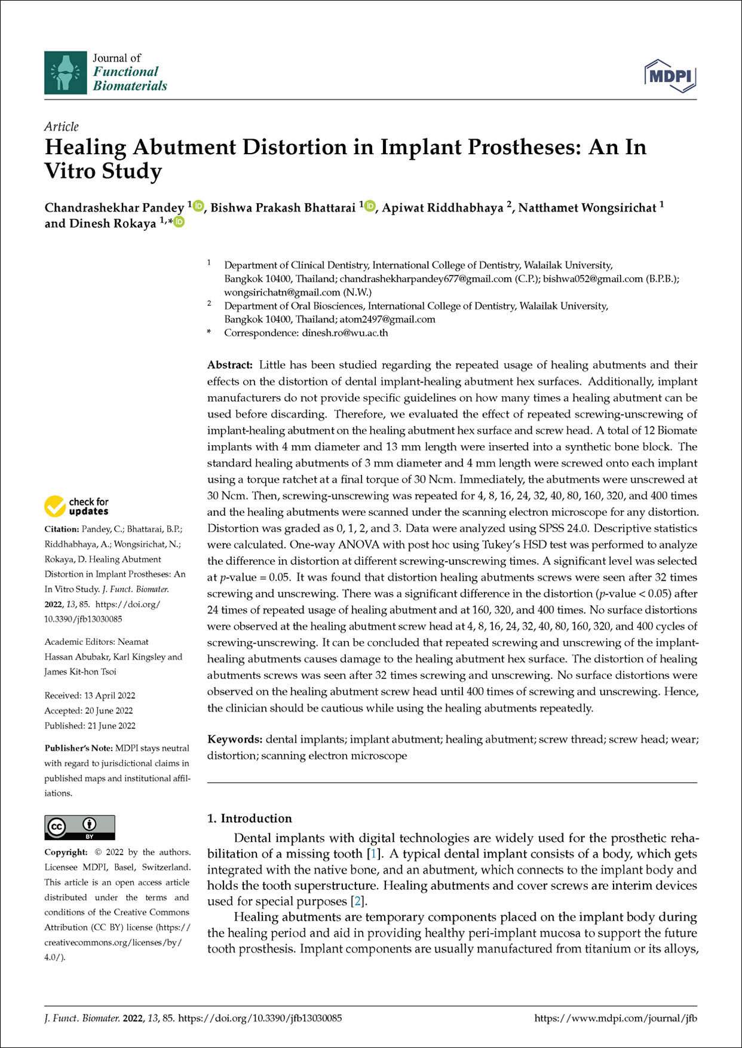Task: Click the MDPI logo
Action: [670, 76]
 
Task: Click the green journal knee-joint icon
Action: [65, 72]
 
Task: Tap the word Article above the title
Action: [62, 127]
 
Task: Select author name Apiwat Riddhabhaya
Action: [442, 208]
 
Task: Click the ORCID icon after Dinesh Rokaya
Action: [179, 223]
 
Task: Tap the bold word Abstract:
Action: [230, 365]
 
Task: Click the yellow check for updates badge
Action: [76, 506]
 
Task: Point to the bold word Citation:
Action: [62, 529]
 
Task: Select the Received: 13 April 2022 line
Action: [90, 695]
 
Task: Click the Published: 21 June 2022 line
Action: [90, 725]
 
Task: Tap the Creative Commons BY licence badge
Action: [79, 827]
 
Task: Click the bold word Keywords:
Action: [234, 739]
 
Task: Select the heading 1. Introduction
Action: [249, 819]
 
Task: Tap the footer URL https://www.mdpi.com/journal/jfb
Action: [615, 1018]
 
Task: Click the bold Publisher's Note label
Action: [78, 748]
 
